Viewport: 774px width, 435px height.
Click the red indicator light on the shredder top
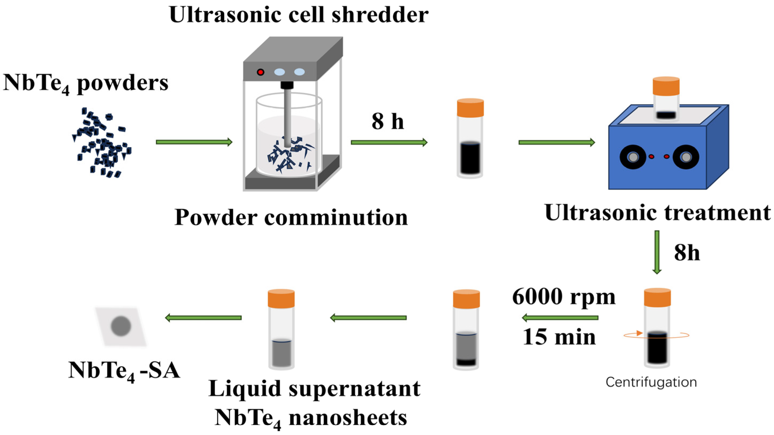point(260,72)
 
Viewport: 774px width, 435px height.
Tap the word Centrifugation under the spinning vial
point(651,382)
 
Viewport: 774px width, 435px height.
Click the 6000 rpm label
point(564,297)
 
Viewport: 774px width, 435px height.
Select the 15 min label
point(559,337)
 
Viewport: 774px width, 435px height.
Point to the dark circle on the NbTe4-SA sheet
point(121,326)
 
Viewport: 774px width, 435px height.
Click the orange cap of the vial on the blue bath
point(666,86)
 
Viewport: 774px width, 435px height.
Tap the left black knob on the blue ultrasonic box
point(633,157)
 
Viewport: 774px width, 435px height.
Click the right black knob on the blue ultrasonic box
point(686,157)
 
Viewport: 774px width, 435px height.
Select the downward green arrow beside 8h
point(657,252)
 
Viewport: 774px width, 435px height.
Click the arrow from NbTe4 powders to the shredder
point(194,142)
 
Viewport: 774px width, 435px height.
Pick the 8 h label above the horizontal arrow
point(388,121)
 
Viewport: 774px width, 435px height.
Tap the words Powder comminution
point(291,217)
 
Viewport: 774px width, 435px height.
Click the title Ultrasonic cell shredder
point(299,14)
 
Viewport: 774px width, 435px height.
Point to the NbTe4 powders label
point(86,83)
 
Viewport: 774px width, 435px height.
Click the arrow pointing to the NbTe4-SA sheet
point(203,318)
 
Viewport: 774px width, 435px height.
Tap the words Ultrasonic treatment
point(657,213)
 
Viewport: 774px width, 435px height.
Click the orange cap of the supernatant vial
point(281,299)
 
